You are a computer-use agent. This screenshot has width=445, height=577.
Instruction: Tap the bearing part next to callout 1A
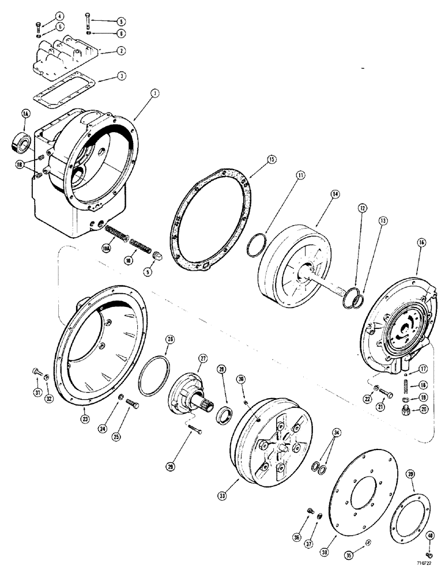(21, 141)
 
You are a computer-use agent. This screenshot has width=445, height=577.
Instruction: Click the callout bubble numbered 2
(120, 51)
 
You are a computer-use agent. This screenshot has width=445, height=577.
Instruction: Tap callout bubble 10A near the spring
(106, 248)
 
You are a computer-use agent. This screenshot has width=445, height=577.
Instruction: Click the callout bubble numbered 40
(430, 535)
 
